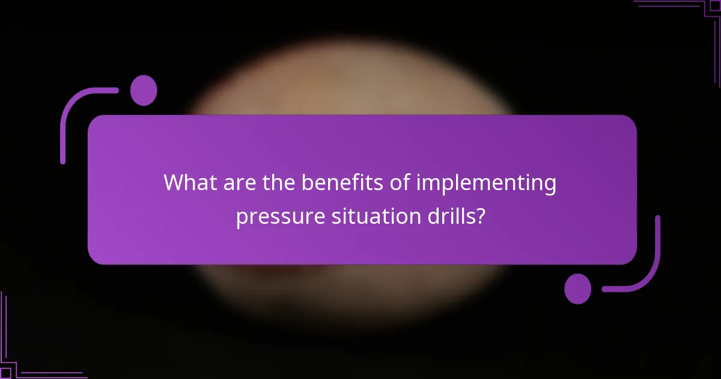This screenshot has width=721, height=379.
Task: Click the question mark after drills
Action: pyautogui.click(x=479, y=215)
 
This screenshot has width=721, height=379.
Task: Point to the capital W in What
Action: pyautogui.click(x=175, y=182)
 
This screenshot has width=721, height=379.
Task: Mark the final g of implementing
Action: pyautogui.click(x=549, y=186)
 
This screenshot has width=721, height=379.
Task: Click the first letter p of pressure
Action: pyautogui.click(x=242, y=218)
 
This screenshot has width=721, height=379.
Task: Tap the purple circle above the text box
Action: pyautogui.click(x=144, y=91)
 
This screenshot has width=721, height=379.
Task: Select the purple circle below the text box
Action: pyautogui.click(x=577, y=289)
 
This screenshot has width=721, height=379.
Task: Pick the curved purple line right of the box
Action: pyautogui.click(x=651, y=265)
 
